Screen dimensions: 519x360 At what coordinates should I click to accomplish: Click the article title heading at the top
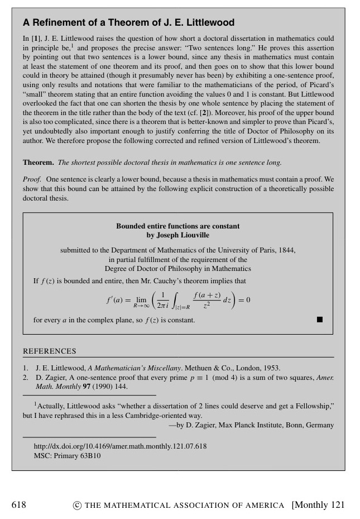pos(128,23)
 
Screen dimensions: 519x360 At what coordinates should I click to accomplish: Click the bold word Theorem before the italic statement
pos(38,163)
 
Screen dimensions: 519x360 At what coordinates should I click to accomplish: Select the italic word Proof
pos(32,180)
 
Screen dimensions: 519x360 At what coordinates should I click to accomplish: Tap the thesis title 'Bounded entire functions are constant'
pos(177,226)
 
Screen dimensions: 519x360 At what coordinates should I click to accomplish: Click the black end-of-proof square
pos(320,320)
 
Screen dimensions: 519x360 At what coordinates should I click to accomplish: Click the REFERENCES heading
pos(49,351)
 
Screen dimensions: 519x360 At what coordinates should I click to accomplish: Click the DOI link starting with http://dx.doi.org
pos(120,446)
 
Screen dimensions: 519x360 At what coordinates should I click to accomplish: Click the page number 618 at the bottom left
pos(19,505)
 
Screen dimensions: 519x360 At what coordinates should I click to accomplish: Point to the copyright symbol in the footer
pos(77,506)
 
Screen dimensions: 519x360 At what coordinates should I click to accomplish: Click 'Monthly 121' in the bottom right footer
pos(319,505)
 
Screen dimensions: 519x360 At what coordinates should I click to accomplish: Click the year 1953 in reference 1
pos(272,368)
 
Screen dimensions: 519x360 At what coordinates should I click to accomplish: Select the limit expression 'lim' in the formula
pos(141,299)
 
